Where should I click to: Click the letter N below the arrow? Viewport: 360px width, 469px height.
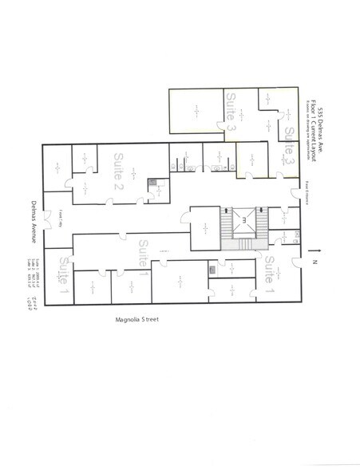pos(315,261)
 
